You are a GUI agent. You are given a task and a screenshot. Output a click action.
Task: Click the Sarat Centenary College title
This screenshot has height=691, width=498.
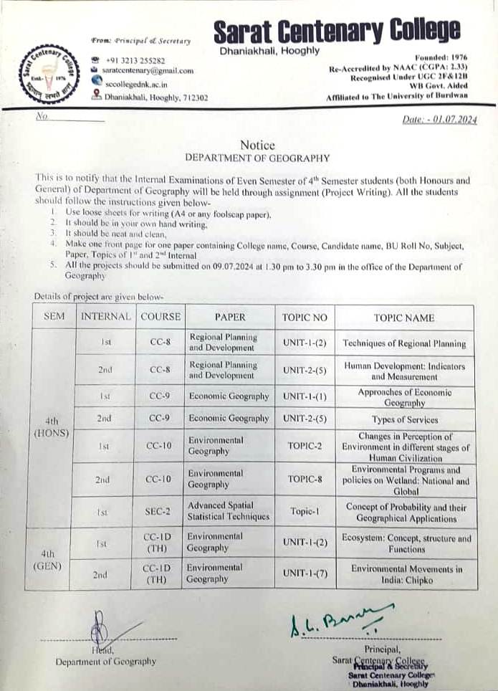[337, 31]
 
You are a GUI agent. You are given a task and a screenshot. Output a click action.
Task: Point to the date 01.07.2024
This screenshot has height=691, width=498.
[440, 120]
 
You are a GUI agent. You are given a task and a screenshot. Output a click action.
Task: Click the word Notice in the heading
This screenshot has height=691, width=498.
[257, 146]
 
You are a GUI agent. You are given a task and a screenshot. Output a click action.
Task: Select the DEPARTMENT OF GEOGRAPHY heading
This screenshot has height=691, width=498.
[257, 158]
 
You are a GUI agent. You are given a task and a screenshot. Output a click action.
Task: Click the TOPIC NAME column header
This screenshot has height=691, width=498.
[404, 317]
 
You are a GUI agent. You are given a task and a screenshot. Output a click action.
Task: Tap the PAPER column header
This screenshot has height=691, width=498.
[229, 317]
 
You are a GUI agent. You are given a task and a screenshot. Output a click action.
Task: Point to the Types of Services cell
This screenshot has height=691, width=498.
[404, 419]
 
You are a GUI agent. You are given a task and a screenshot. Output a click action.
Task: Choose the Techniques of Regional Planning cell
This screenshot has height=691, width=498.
[404, 343]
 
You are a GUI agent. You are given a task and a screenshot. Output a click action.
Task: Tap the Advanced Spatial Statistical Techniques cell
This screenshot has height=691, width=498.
[229, 510]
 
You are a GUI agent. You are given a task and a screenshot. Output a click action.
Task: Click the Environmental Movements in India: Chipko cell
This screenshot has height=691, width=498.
[404, 574]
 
